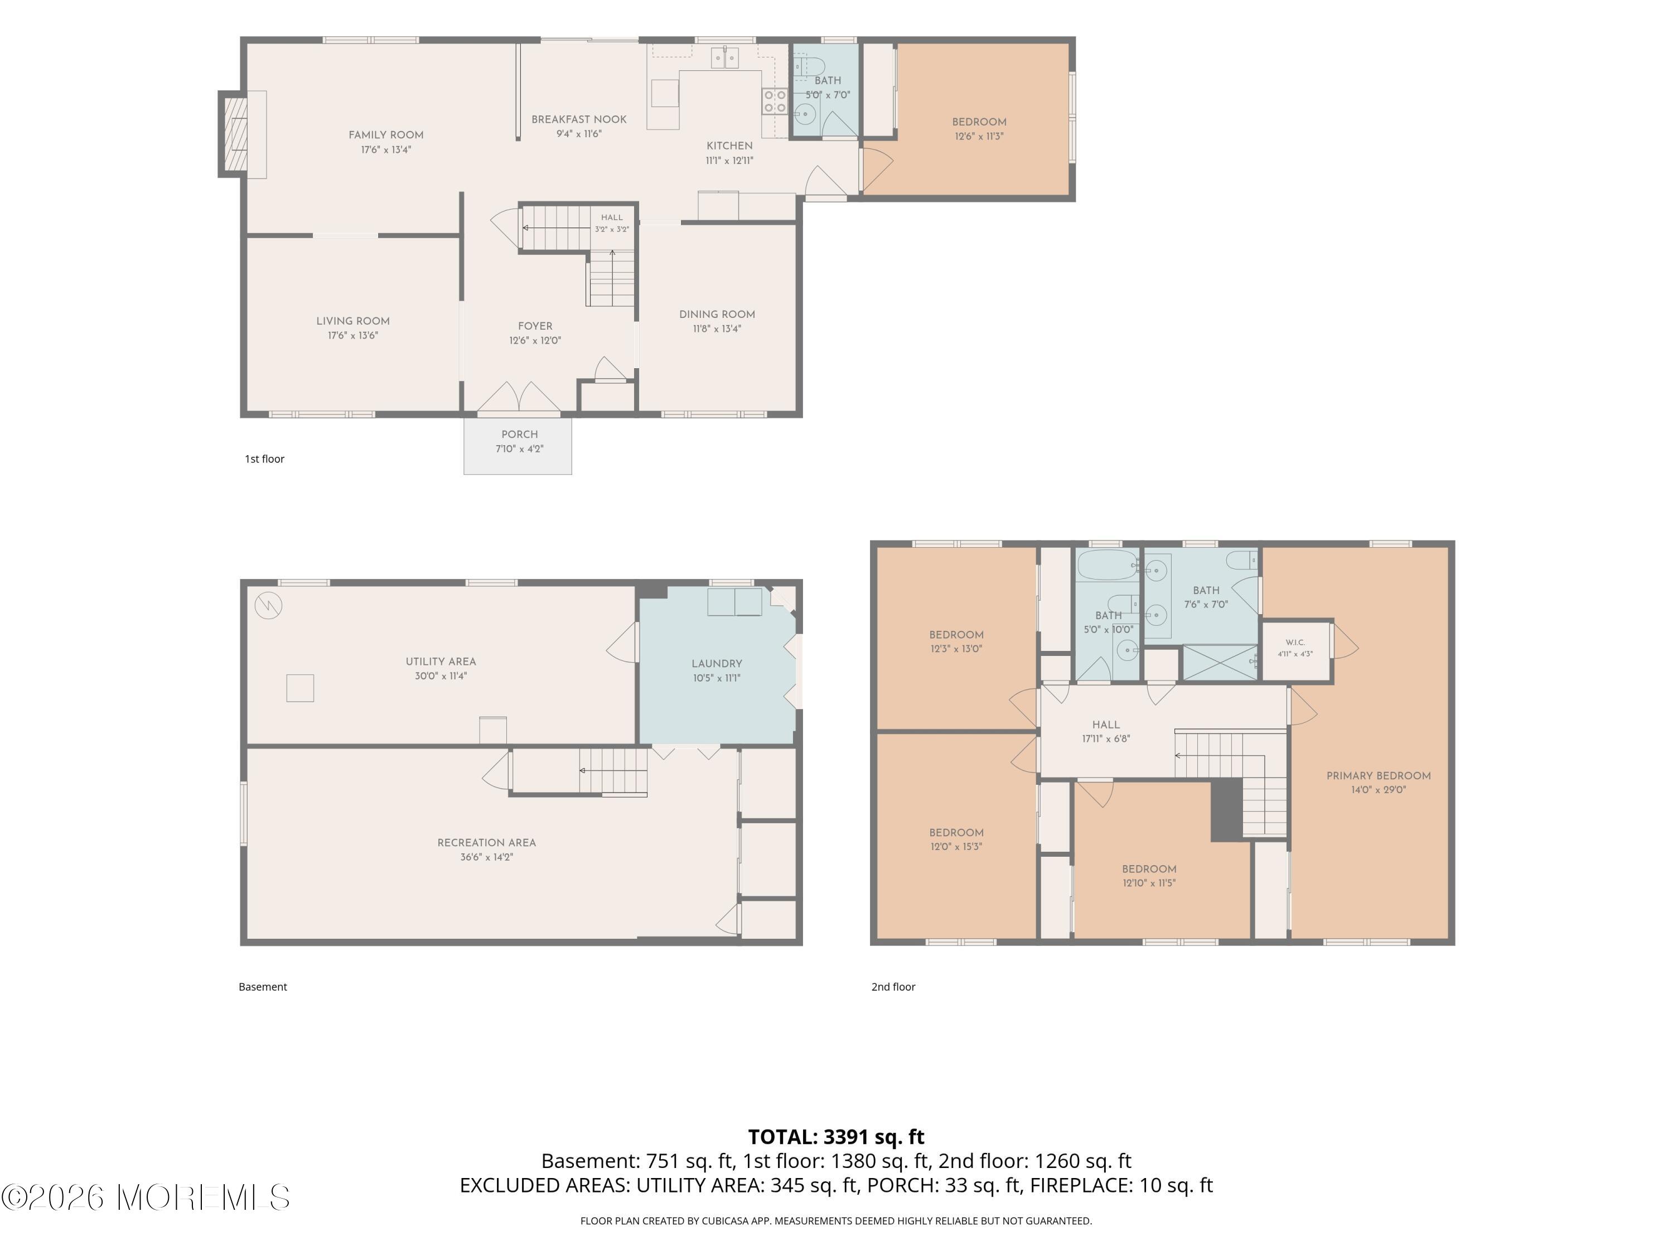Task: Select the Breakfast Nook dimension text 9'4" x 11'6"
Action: tap(579, 134)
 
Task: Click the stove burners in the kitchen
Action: tap(775, 102)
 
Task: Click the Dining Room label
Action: tap(717, 315)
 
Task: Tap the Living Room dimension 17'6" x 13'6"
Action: tap(353, 336)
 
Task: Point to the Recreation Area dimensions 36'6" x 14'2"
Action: tap(487, 858)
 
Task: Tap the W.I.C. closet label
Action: tap(1295, 642)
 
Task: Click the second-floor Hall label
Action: tap(1106, 725)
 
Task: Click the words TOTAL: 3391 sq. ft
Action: tap(836, 1137)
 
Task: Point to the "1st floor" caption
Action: tap(265, 459)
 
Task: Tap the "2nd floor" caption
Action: tap(893, 987)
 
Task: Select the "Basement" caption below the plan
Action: tap(263, 987)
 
